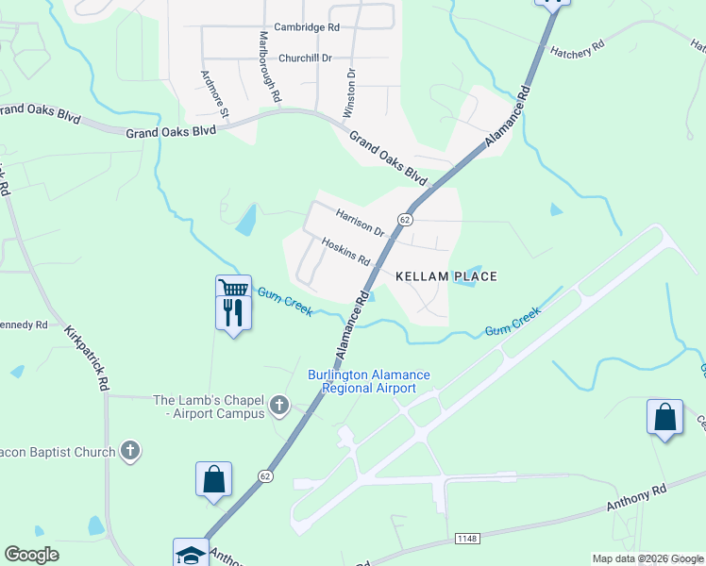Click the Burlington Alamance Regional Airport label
click(x=369, y=381)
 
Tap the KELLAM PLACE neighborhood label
click(x=445, y=276)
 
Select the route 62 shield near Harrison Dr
click(x=405, y=219)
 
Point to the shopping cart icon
click(x=232, y=288)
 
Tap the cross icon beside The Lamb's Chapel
click(x=278, y=406)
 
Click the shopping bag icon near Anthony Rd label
click(x=664, y=416)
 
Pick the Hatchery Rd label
click(x=572, y=53)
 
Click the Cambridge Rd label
click(x=307, y=28)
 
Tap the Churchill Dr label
click(x=306, y=58)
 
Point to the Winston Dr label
click(x=349, y=92)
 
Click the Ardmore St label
click(x=215, y=93)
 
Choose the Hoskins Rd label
click(x=345, y=251)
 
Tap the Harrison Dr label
click(x=361, y=223)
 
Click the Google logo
click(x=31, y=555)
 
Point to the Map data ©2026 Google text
click(x=647, y=558)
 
